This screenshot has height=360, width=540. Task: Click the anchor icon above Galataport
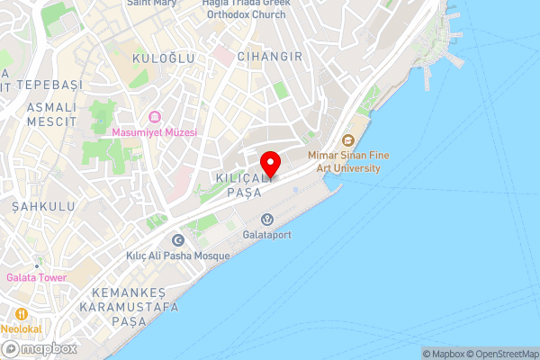click(267, 220)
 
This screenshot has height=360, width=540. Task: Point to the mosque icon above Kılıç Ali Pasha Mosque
click(177, 240)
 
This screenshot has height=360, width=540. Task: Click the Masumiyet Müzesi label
click(154, 132)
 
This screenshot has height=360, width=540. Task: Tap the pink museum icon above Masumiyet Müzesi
click(154, 117)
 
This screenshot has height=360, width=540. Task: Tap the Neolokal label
click(21, 329)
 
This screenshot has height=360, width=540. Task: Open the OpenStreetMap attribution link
click(503, 353)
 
